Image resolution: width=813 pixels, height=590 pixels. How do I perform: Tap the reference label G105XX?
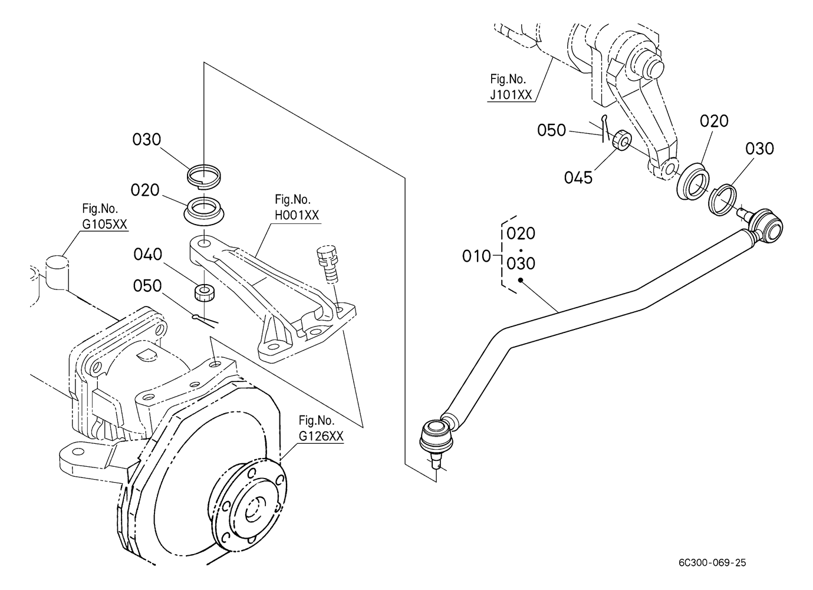[104, 225]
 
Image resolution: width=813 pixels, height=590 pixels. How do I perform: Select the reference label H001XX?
[297, 215]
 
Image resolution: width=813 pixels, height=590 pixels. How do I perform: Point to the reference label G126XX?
[321, 436]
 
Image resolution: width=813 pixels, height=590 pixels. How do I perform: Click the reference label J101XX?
[511, 95]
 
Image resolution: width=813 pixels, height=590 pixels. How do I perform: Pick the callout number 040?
[148, 255]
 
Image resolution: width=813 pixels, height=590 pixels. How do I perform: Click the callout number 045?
[578, 178]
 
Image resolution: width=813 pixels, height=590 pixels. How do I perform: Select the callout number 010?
[476, 256]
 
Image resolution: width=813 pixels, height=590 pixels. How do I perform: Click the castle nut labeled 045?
[622, 140]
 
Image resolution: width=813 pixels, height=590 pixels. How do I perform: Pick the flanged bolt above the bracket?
[328, 264]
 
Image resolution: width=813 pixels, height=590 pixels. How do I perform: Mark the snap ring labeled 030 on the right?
[722, 200]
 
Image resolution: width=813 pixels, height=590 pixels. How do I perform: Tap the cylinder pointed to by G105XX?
[57, 272]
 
